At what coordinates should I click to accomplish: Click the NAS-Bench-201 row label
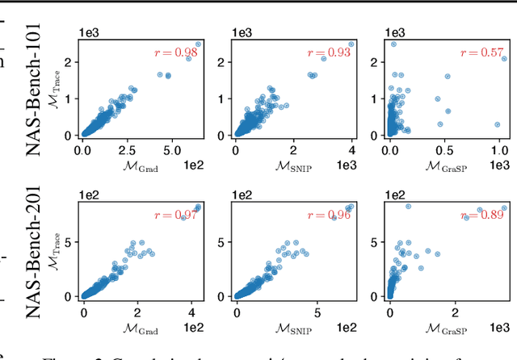tap(36, 250)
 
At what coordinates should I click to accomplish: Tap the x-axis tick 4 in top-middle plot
tap(352, 150)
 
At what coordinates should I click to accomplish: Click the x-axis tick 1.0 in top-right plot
tap(499, 150)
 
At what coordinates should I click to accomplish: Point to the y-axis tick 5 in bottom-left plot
tap(70, 242)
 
